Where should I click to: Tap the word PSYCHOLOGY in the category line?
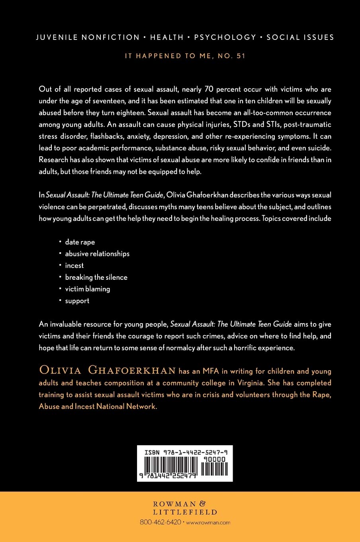[225, 37]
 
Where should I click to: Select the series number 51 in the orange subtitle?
[241, 56]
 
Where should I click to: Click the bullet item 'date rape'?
[80, 242]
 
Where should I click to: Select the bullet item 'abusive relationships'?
[97, 254]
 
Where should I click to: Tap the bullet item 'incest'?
[74, 266]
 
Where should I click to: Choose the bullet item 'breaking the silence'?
[96, 277]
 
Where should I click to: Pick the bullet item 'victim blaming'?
[88, 289]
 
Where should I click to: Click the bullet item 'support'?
[77, 301]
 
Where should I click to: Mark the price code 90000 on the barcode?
[214, 459]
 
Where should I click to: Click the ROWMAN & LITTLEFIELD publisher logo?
[185, 508]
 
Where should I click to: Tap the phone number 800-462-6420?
[160, 522]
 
